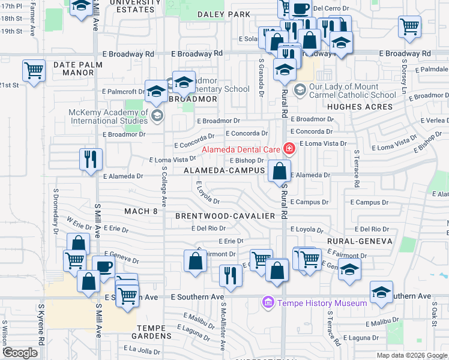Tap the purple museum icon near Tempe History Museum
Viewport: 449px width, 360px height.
268,303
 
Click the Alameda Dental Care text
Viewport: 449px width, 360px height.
241,149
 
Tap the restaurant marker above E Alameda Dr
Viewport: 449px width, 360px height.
90,160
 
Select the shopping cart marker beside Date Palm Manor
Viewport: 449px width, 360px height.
34,70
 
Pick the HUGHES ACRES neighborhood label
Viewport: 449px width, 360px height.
360,107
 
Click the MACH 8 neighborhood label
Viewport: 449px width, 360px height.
140,211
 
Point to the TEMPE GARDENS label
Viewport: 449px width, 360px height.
159,328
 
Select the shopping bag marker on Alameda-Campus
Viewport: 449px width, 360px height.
280,171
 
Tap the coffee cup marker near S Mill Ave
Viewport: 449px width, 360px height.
103,267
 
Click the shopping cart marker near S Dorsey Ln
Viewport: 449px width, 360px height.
409,26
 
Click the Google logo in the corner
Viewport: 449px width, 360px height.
20,352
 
